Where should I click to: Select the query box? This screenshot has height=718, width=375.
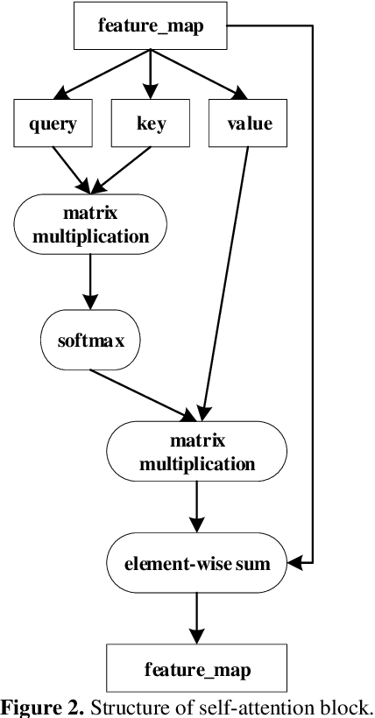51,123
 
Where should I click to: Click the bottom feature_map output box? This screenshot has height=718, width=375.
197,670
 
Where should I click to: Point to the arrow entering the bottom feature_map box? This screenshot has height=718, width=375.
197,617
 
